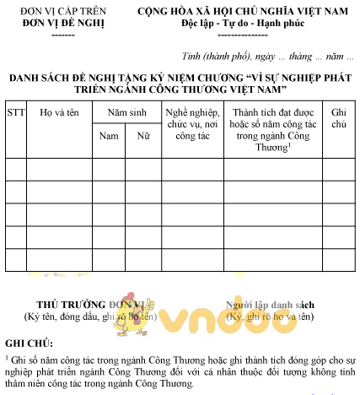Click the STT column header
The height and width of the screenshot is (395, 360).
[16, 111]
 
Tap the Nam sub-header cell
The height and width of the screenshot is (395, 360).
[109, 135]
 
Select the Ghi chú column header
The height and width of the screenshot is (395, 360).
[339, 117]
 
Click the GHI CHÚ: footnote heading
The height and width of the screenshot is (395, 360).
[28, 344]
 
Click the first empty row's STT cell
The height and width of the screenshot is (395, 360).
[16, 169]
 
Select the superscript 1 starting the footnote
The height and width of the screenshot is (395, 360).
[7, 358]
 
